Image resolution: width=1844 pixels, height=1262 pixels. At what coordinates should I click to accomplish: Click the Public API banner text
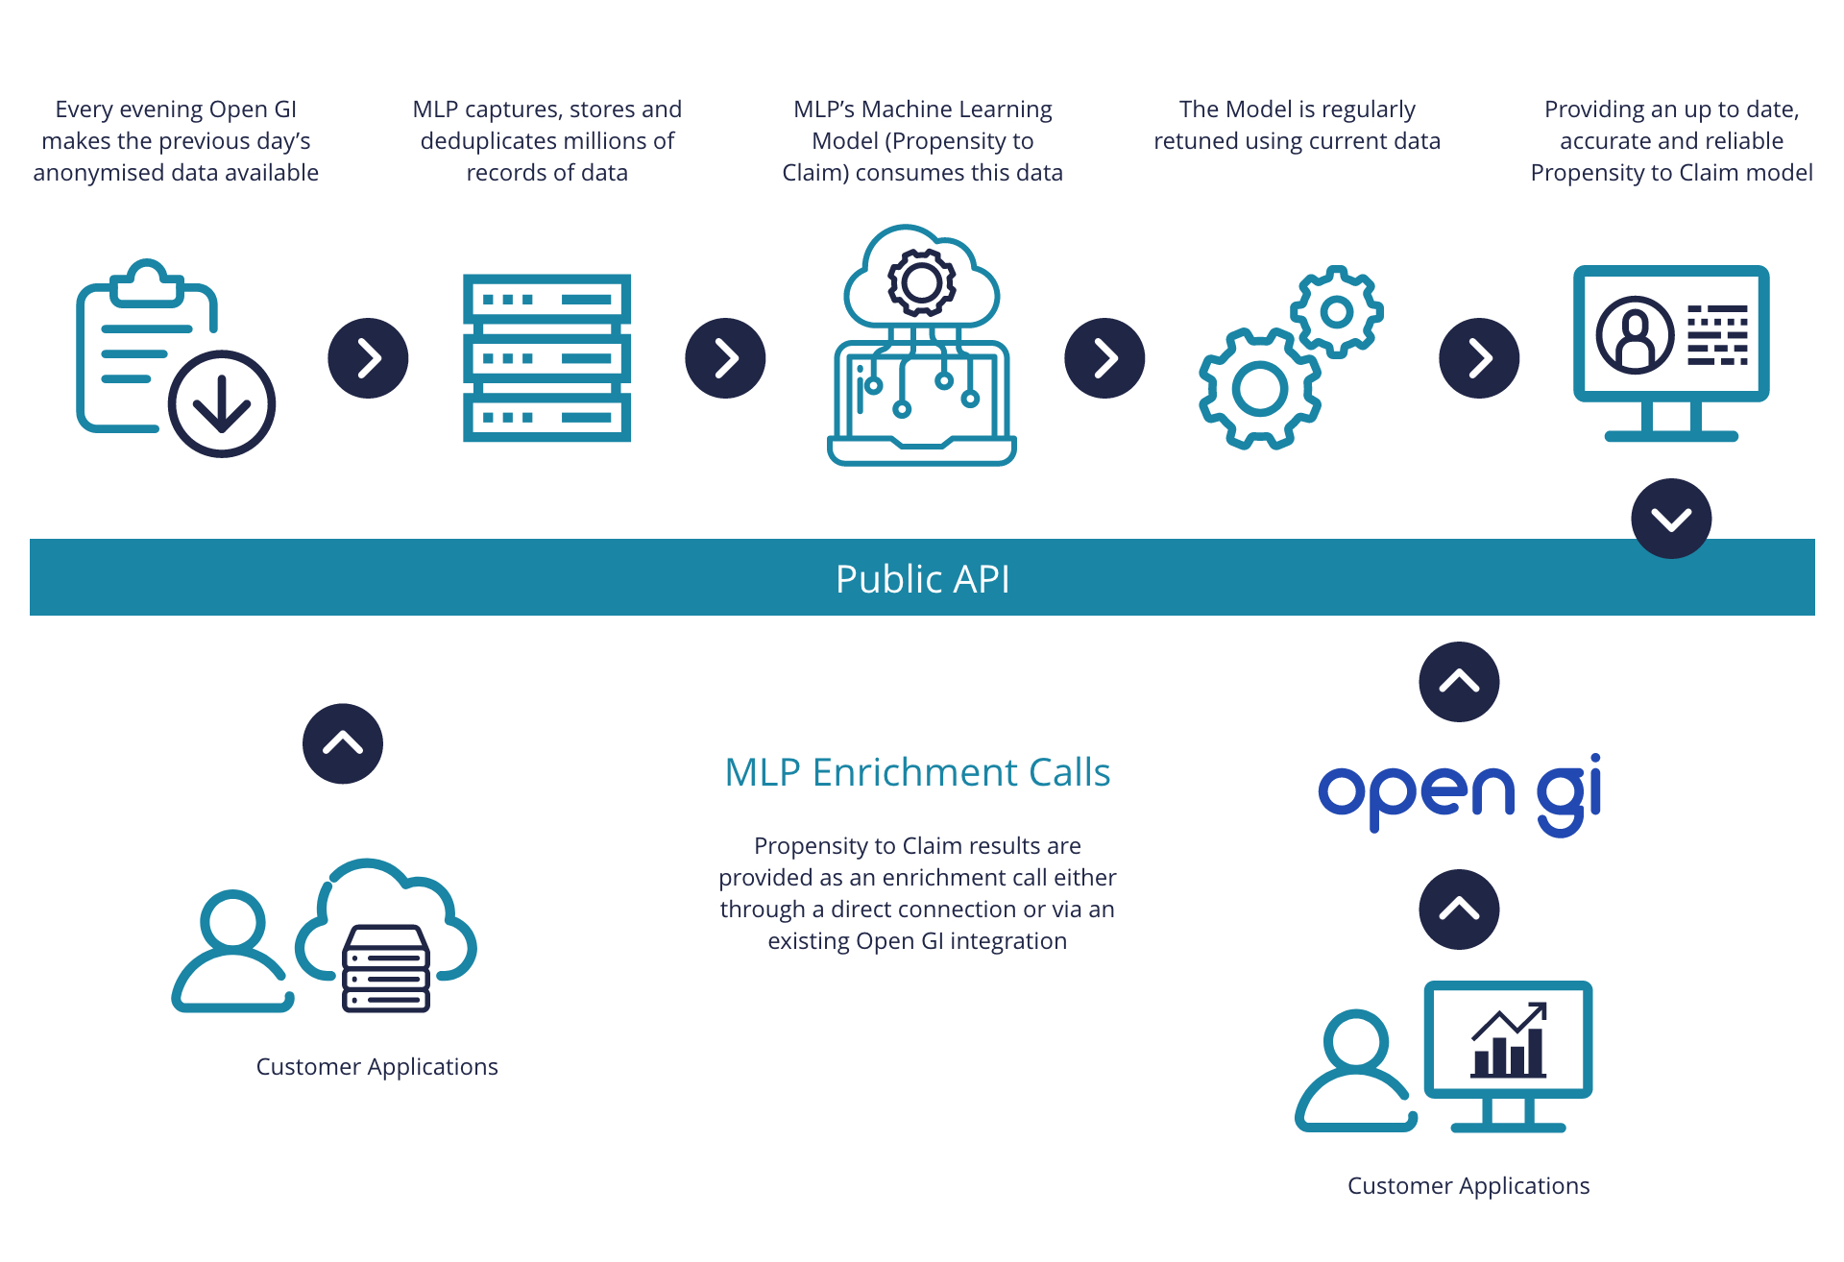922,579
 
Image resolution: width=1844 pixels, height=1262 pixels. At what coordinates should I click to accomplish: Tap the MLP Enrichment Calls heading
917,772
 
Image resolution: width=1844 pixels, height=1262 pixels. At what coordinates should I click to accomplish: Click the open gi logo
1459,793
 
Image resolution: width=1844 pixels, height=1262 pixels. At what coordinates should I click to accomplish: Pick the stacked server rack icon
546,358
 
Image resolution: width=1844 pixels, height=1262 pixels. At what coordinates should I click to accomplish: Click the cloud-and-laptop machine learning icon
922,346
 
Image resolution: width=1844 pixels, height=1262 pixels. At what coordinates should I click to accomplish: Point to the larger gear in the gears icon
1259,389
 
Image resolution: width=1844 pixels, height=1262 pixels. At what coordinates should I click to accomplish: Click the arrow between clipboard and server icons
368,358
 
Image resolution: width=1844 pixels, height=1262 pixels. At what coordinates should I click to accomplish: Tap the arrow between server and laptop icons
725,358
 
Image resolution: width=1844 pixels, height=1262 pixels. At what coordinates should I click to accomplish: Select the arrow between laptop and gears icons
1104,358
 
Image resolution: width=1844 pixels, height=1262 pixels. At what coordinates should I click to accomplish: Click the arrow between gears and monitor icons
1479,358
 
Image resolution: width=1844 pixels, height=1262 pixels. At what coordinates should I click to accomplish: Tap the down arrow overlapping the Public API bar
1671,519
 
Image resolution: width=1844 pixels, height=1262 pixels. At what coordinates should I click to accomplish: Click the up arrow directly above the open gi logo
1459,682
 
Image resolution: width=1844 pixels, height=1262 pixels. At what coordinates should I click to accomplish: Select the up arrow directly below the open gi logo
1459,910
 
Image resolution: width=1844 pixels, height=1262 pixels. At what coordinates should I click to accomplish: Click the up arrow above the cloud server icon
343,744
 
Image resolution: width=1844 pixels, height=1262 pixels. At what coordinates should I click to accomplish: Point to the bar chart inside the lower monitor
1509,1043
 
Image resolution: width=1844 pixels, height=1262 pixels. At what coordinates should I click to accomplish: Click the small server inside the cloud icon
386,968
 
